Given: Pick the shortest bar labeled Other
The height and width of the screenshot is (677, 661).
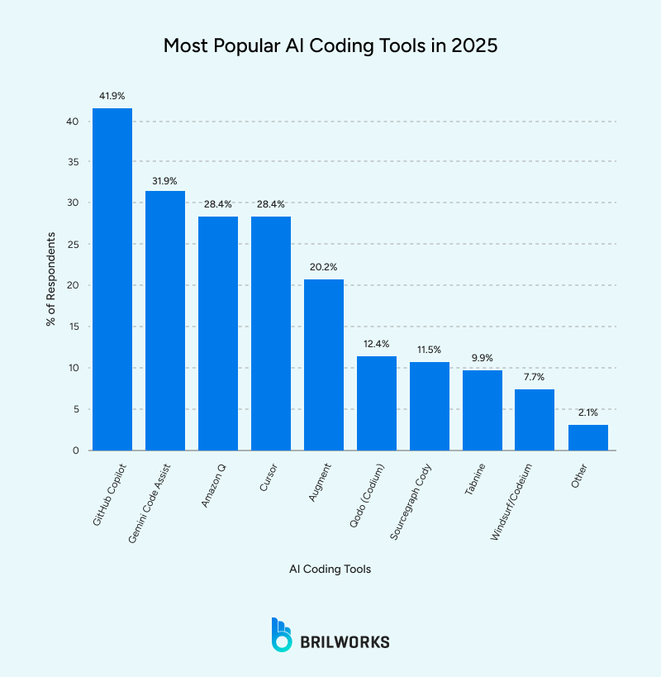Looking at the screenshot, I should click(x=587, y=437).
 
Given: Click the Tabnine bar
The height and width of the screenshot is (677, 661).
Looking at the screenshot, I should click(x=482, y=410).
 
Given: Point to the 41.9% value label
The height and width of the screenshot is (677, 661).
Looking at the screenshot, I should click(x=112, y=96).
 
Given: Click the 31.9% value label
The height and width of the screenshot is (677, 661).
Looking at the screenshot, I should click(x=164, y=179).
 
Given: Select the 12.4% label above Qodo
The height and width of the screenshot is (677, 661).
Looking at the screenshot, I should click(x=376, y=343).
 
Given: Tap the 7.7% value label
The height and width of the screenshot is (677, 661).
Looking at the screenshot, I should click(x=535, y=376).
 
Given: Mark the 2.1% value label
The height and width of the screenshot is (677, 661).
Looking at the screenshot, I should click(x=587, y=412).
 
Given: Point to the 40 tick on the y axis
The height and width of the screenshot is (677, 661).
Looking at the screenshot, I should click(x=73, y=122).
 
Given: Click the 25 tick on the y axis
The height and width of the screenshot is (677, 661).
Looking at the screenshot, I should click(x=73, y=245).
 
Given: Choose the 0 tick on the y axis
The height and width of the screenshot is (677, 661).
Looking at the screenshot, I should click(x=76, y=451).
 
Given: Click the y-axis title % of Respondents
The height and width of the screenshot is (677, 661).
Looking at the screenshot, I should click(x=51, y=279).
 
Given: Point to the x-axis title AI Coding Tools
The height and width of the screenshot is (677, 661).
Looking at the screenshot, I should click(x=330, y=570).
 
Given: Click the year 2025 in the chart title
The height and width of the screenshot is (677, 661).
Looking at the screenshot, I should click(x=472, y=45).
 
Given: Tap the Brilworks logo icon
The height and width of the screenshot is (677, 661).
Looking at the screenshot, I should click(x=282, y=634).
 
